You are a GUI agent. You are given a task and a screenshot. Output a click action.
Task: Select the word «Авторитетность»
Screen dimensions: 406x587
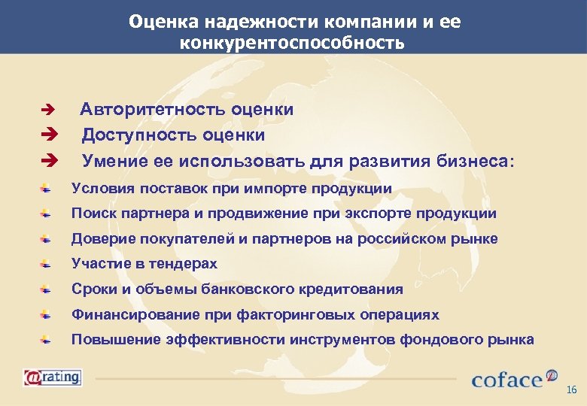pyautogui.click(x=141, y=110)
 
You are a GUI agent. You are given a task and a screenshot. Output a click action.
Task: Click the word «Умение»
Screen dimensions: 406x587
pyautogui.click(x=110, y=160)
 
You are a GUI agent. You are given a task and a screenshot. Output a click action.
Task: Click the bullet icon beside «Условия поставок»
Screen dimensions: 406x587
pyautogui.click(x=47, y=188)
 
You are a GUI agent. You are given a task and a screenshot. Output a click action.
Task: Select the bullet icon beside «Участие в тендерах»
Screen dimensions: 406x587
pyautogui.click(x=47, y=264)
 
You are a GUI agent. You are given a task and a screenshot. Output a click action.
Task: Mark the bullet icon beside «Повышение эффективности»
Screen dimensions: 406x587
pyautogui.click(x=47, y=340)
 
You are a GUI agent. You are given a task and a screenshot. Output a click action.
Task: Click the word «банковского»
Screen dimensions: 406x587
pyautogui.click(x=217, y=289)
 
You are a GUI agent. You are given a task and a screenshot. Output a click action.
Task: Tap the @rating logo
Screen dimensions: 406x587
pyautogui.click(x=52, y=376)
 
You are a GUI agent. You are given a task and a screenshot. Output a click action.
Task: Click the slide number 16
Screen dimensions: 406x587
pyautogui.click(x=571, y=389)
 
